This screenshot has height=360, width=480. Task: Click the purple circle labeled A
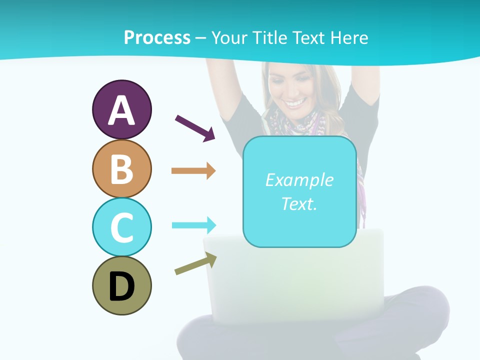pos(121,109)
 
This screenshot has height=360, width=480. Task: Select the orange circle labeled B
pos(121,168)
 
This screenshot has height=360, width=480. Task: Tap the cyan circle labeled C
pos(121,227)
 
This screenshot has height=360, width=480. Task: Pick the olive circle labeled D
pos(121,285)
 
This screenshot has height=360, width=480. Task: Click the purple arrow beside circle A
pos(195,128)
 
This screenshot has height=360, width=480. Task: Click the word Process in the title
pos(157,37)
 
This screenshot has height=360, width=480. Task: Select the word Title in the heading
pos(269,37)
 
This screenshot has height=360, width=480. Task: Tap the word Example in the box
pos(299,180)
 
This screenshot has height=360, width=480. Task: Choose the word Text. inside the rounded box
pos(299,203)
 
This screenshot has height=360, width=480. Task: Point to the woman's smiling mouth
pos(295,103)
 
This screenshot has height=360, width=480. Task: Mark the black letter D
pos(121,286)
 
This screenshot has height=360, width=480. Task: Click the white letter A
pos(121,110)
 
